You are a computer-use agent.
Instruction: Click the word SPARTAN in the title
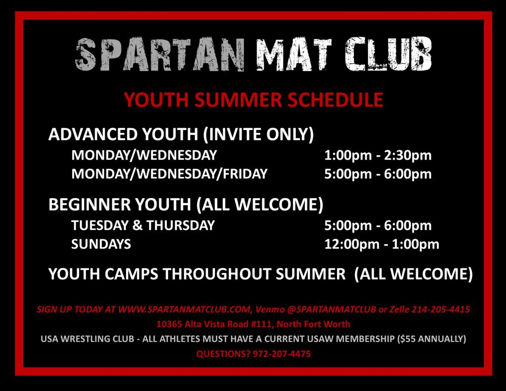(x=160, y=54)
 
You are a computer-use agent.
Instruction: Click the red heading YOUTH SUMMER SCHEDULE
(x=253, y=99)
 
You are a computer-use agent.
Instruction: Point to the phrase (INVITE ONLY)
(x=258, y=134)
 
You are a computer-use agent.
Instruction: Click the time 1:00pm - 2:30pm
(x=378, y=155)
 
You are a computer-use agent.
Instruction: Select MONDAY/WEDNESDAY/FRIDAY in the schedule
(x=169, y=174)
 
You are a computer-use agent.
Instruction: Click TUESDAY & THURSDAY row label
(x=143, y=225)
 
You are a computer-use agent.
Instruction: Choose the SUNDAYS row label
(x=101, y=244)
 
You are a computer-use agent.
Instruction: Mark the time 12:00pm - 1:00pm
(x=382, y=244)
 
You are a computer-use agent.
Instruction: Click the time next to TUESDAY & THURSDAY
(x=378, y=225)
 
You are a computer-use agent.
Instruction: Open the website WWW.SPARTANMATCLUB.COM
(x=184, y=309)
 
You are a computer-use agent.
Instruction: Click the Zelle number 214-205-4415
(x=440, y=309)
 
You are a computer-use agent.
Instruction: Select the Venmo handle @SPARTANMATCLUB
(x=332, y=309)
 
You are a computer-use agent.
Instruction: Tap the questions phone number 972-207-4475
(x=282, y=354)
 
